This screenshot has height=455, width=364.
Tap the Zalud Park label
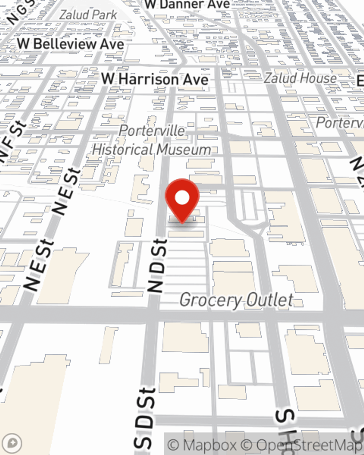[88, 15]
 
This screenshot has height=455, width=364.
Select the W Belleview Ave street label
[71, 44]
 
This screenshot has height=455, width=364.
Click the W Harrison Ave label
[155, 79]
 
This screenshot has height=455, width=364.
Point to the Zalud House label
[300, 78]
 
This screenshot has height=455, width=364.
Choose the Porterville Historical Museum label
[152, 140]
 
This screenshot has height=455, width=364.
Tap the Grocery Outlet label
[237, 300]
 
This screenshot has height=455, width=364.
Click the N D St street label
[158, 266]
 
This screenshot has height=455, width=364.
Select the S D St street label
[145, 419]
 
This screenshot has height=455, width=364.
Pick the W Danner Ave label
[187, 4]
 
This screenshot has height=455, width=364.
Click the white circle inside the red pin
[182, 198]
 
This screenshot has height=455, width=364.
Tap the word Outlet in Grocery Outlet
[269, 300]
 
